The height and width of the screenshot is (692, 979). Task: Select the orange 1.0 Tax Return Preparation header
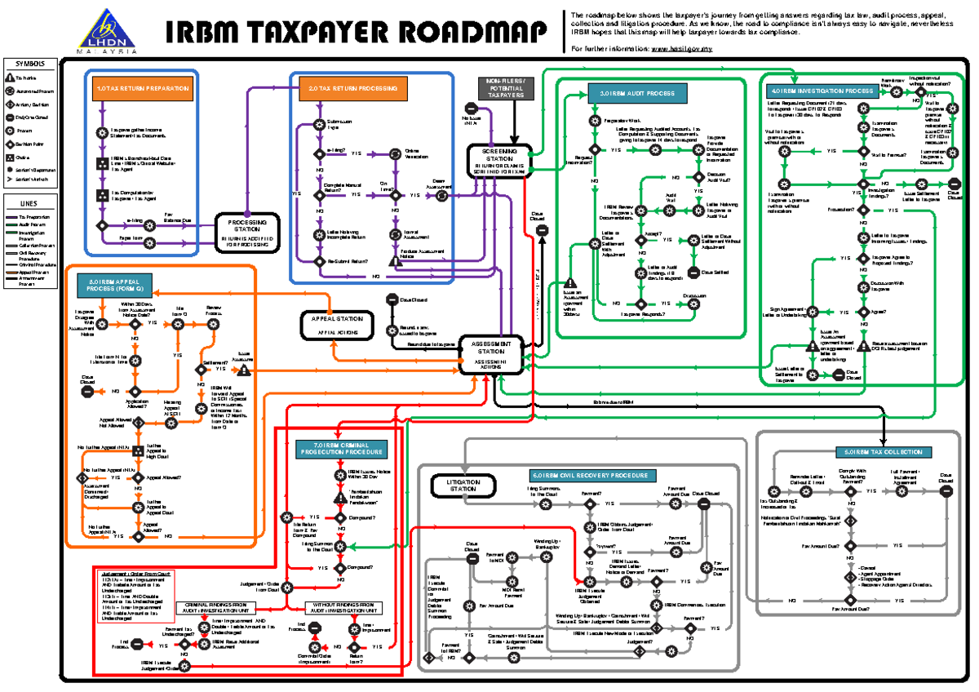143,88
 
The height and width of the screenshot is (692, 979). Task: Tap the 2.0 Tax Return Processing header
352,88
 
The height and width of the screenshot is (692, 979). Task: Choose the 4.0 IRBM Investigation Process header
822,91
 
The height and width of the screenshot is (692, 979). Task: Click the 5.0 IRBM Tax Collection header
884,451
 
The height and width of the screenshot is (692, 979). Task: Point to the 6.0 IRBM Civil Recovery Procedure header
590,475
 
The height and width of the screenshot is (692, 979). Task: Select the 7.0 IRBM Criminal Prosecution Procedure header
340,448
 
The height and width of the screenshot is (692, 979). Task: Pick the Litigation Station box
463,486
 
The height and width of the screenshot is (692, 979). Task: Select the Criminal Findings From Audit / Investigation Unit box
217,608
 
